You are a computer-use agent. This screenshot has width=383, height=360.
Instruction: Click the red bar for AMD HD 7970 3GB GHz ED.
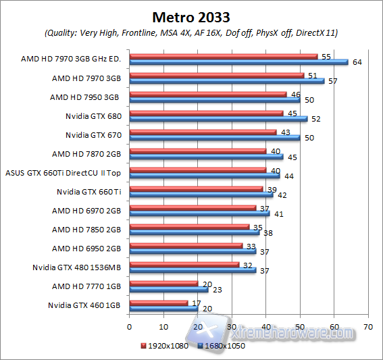[x=223, y=56]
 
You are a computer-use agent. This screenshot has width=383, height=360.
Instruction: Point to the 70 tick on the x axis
[x=367, y=326]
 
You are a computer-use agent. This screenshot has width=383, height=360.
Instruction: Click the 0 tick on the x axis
[x=128, y=326]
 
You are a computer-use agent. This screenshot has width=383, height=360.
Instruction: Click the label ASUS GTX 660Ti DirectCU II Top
[x=62, y=172]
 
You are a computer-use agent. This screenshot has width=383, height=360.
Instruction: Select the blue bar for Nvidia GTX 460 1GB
[x=163, y=308]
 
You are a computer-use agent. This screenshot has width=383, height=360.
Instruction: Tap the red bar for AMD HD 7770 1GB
[x=163, y=283]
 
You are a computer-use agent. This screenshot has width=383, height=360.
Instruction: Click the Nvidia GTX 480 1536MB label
[x=76, y=267]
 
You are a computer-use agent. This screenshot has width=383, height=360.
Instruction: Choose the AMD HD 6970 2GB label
[x=86, y=211]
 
